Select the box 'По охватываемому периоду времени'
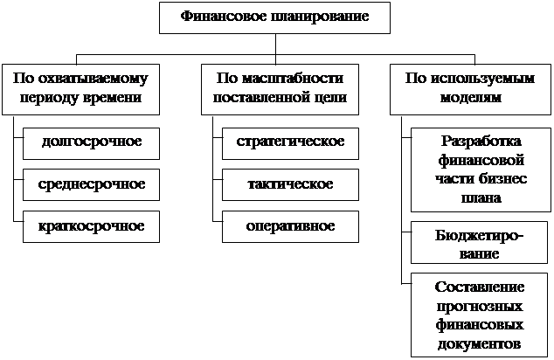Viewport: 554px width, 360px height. coord(80,89)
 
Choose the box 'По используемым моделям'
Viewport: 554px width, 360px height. coord(470,89)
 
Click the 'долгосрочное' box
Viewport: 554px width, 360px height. coord(91,142)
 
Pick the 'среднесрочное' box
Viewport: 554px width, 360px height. coord(91,184)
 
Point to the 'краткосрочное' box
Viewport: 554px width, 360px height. coord(91,226)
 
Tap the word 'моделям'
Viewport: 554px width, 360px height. coord(470,98)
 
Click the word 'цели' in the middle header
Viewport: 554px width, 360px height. coord(329,98)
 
